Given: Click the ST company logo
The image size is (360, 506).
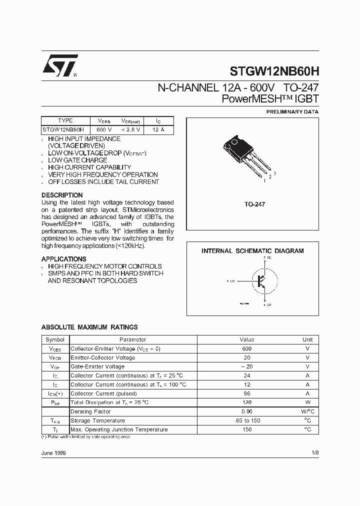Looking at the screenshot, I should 59,65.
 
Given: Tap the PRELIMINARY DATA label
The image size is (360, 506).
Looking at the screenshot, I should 292,112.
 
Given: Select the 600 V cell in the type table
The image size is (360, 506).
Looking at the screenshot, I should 104,129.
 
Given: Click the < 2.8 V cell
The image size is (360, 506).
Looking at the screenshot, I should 131,129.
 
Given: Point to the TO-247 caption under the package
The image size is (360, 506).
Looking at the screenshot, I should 254,204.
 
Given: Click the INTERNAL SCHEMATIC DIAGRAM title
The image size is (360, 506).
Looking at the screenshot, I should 252,251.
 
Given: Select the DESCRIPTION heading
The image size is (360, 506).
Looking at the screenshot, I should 62,195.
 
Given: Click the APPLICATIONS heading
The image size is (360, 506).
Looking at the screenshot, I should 63,259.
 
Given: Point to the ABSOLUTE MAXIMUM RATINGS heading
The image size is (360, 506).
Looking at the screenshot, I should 89,327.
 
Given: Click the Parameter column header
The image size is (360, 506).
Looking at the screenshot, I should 129,339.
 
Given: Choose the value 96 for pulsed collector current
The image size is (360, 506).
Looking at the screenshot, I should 246,393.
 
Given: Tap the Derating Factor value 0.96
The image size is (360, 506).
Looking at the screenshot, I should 246,411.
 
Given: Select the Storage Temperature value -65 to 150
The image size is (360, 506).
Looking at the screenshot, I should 246,420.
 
